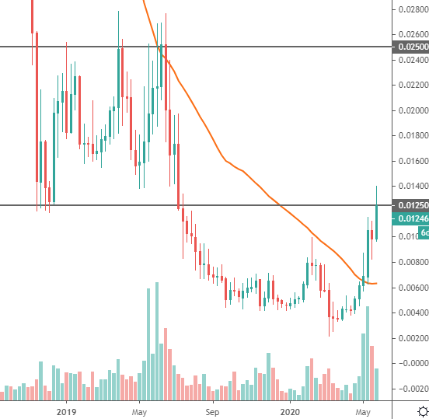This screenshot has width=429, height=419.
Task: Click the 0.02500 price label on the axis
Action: click(412, 47)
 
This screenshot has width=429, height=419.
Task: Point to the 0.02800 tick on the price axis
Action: click(412, 10)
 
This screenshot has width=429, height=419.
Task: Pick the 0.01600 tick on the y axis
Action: click(412, 161)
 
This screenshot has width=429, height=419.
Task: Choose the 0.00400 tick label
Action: click(412, 313)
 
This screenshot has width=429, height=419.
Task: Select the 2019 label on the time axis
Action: click(67, 410)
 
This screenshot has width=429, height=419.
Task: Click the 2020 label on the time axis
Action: click(290, 410)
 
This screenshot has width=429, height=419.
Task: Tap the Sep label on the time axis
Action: click(214, 410)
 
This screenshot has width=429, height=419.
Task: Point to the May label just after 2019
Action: click(139, 410)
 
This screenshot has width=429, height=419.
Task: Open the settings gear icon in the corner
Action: click(420, 410)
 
